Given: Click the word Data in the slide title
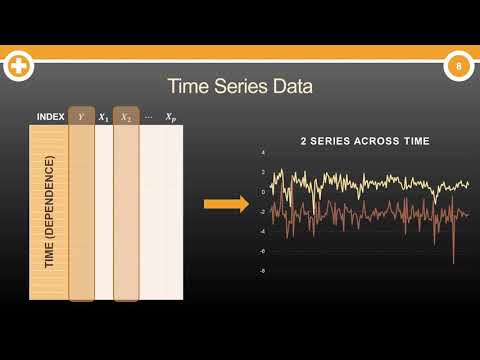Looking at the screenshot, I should [292, 87].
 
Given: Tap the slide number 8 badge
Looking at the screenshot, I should [458, 67].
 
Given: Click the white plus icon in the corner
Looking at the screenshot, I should [18, 68].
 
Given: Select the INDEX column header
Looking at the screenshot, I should [50, 117].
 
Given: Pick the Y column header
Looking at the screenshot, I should [81, 117].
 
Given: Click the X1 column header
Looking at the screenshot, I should [103, 117].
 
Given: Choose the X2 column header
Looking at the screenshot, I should [126, 117].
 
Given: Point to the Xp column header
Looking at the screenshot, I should [171, 117].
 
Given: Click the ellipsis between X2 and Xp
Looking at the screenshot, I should [148, 117].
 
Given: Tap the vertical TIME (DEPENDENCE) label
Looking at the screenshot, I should [49, 211].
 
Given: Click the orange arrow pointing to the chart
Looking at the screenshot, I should [226, 205].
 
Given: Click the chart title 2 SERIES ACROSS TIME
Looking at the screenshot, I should [364, 142].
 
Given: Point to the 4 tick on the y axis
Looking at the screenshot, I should [262, 153].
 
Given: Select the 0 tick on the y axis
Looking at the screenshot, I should [262, 192].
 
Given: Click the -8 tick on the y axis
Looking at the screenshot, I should [262, 270].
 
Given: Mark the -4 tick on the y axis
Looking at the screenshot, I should [262, 231].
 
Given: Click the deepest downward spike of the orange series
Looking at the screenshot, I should [453, 262].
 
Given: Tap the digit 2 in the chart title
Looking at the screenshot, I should [303, 142].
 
